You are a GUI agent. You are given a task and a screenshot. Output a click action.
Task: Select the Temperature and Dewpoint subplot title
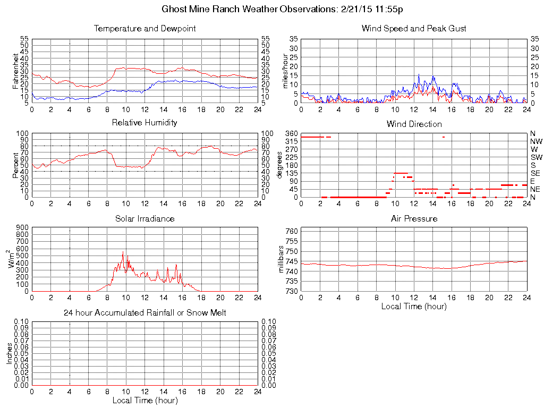point(144,28)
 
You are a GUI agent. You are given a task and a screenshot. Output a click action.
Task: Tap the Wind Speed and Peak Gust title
point(414,28)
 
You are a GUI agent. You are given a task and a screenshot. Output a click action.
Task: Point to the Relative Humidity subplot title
point(144,123)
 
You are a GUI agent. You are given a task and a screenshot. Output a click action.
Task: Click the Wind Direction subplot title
point(414,124)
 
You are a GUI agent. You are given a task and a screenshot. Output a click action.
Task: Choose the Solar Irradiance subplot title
point(144,218)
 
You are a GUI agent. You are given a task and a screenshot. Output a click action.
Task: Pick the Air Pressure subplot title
point(414,218)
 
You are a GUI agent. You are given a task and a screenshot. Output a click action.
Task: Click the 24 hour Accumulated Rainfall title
point(144,313)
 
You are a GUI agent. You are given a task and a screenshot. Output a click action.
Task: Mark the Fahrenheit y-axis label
point(16,71)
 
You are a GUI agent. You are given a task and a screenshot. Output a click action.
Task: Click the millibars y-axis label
point(281,260)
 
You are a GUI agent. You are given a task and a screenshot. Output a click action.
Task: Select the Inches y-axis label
point(9,353)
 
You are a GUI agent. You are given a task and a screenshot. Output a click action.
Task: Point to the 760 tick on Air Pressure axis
point(292,231)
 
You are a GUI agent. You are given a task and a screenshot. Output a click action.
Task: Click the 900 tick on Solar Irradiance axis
point(22,227)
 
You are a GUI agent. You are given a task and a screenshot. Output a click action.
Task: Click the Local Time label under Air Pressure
point(414,306)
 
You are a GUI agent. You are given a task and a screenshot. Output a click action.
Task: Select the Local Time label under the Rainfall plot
point(144,400)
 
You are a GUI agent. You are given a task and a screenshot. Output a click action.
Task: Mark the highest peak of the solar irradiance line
point(123,252)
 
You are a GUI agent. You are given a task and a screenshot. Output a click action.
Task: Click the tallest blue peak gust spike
point(419,74)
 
